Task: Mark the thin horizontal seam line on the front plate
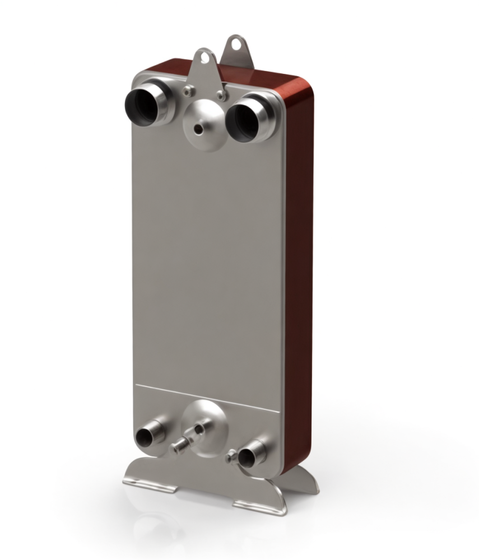[x=207, y=397]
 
